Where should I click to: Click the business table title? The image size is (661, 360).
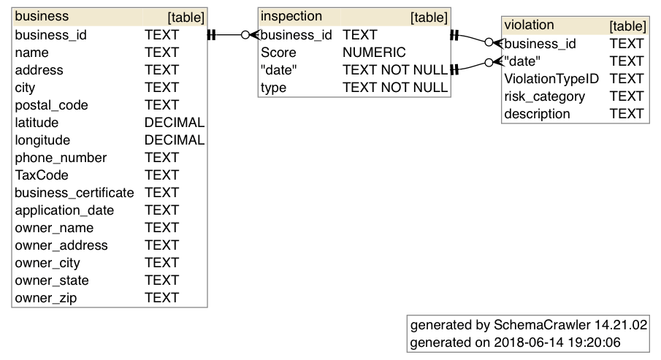[x=42, y=16]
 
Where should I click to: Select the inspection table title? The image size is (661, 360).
[x=291, y=16]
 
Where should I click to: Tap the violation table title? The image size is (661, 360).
[x=529, y=26]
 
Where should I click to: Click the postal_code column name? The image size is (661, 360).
[x=51, y=105]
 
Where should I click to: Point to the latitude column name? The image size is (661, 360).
[x=37, y=123]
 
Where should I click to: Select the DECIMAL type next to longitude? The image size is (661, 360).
[x=174, y=140]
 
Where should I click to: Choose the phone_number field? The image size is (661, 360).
[x=61, y=158]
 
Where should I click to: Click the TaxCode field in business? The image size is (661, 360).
[x=41, y=175]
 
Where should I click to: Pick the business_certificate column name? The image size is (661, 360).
[x=74, y=193]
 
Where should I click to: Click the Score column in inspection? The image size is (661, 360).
[x=278, y=53]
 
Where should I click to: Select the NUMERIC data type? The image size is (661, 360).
[x=373, y=53]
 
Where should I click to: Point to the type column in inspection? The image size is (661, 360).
[x=274, y=88]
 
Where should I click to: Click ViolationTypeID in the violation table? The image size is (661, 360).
[x=551, y=79]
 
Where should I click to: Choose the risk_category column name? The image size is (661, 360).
[x=544, y=96]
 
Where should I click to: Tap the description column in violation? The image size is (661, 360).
[x=537, y=114]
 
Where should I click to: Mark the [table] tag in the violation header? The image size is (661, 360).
[x=627, y=26]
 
